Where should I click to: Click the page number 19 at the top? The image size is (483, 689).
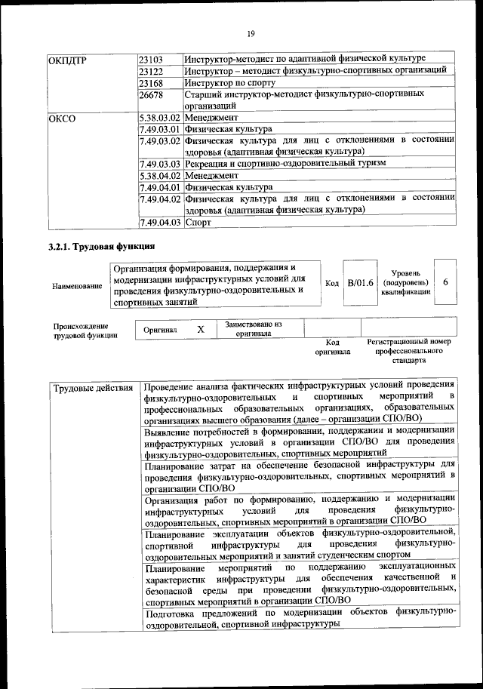251,32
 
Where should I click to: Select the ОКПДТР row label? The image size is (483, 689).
69,59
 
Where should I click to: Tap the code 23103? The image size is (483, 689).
152,59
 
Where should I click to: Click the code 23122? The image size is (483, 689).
152,71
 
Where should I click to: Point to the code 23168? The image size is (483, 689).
152,83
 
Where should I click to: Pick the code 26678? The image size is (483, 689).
152,95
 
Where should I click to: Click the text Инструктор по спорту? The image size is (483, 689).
230,83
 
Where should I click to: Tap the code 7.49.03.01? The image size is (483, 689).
160,130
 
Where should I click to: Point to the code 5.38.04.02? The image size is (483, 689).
160,175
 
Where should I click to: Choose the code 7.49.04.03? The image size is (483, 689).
160,222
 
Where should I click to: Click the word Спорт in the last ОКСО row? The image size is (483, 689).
198,222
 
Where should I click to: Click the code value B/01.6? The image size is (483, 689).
360,282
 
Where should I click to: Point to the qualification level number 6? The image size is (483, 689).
446,281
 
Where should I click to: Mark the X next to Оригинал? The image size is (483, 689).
201,330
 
